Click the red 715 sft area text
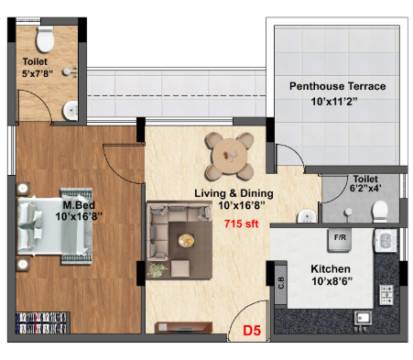[241, 224]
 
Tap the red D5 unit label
[252, 331]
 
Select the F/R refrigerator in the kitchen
[340, 240]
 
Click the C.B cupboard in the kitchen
[281, 283]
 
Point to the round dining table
[230, 156]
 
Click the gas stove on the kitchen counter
[386, 295]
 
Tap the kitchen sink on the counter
[363, 319]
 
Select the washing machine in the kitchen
[386, 240]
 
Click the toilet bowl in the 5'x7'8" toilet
[45, 39]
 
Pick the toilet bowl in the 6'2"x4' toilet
[380, 212]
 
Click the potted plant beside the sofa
[158, 270]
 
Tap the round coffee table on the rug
[186, 240]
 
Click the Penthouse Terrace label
[337, 86]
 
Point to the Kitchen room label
[331, 269]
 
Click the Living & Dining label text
[234, 193]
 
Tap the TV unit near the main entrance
[184, 327]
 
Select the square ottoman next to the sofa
[180, 268]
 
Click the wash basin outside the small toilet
[307, 216]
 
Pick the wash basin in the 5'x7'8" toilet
[71, 111]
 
